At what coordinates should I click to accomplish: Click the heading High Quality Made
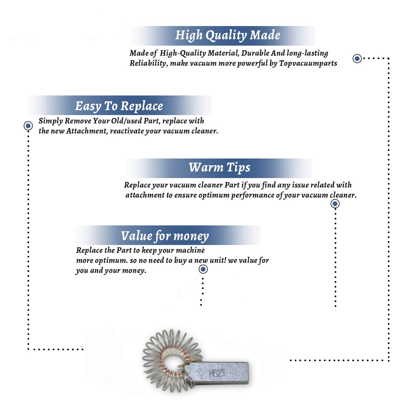[228, 36]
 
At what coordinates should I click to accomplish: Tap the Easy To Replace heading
[119, 106]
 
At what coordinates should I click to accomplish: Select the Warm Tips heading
[220, 167]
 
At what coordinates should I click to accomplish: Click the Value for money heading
[165, 236]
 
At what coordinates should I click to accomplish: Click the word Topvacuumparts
[308, 64]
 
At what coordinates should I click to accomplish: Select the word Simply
[51, 121]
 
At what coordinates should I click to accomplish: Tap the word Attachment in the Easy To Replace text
[87, 131]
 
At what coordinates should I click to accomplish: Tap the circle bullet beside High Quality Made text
[357, 59]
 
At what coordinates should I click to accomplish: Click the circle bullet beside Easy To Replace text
[28, 126]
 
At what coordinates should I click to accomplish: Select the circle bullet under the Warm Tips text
[335, 204]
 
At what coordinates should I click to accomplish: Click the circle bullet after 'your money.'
[203, 269]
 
